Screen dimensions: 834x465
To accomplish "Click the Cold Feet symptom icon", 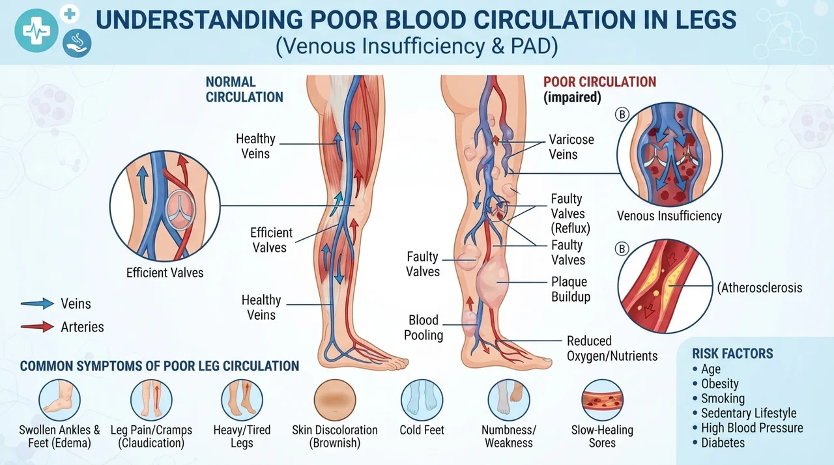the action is [x=422, y=401].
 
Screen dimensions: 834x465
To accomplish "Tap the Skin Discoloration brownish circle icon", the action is [x=335, y=401].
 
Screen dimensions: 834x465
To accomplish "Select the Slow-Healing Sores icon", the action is [x=602, y=401].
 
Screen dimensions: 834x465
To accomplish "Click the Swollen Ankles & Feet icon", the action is [x=59, y=401].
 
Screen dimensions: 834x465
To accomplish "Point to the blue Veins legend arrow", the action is [x=37, y=303].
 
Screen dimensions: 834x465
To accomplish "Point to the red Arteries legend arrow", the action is [x=37, y=327].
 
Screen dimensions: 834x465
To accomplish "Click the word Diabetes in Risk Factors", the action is [x=723, y=443].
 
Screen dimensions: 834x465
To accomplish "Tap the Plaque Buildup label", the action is [x=571, y=289].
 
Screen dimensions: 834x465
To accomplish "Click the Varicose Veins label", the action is [x=571, y=147].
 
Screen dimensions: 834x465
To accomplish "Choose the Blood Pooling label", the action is [x=424, y=328].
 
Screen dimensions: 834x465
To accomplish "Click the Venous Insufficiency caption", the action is [x=669, y=216].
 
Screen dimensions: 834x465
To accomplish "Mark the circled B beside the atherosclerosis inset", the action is [x=622, y=249].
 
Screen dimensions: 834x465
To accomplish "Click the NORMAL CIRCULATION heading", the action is [x=244, y=89].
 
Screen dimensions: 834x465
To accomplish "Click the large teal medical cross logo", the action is [x=36, y=31].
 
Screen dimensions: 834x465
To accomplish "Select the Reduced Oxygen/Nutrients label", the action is [x=612, y=348].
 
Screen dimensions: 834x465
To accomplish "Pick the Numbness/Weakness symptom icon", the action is [x=509, y=401].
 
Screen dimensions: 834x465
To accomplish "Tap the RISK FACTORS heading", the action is [x=732, y=354].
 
